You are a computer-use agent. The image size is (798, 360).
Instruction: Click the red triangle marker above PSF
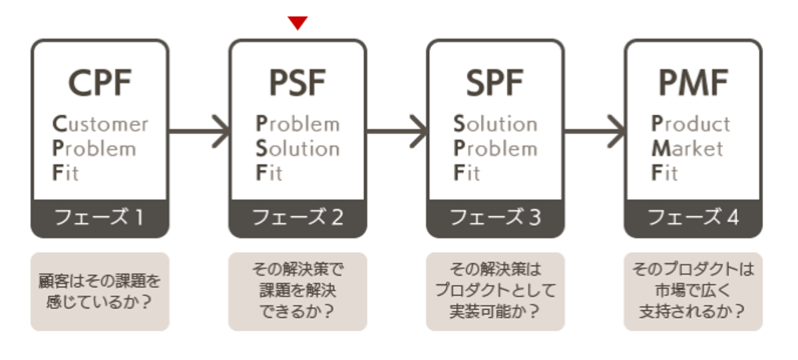tap(297, 23)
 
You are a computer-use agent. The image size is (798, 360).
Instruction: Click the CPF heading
tap(99, 81)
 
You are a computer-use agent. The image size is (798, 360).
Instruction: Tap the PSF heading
tap(297, 81)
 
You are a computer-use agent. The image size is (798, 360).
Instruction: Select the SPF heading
tap(495, 81)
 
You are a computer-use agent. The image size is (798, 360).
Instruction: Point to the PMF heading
tap(693, 81)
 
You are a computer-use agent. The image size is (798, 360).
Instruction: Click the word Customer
tap(99, 124)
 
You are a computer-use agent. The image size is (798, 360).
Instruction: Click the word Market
tap(688, 148)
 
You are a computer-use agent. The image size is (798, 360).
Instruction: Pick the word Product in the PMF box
tap(691, 124)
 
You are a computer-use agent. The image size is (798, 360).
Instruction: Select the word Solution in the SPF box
tap(495, 124)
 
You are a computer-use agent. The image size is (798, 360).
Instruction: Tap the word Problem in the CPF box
tap(93, 148)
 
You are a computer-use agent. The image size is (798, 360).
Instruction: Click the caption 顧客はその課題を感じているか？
tap(99, 290)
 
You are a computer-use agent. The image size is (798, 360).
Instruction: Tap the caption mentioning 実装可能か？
tap(495, 290)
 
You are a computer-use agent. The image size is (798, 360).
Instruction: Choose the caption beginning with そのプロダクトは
tap(693, 290)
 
